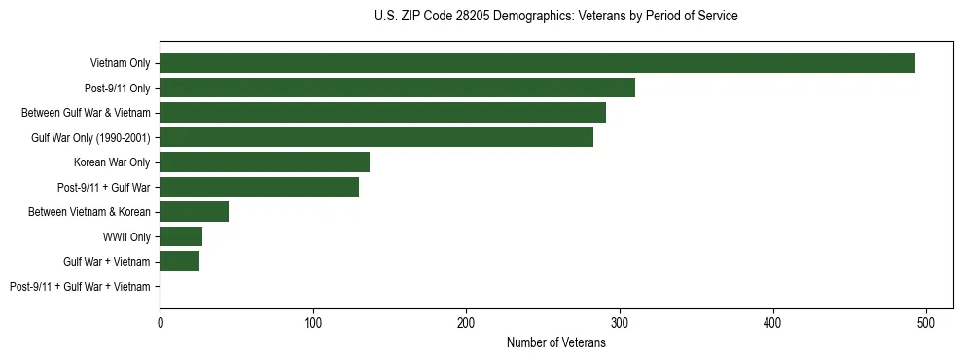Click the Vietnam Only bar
click(x=537, y=63)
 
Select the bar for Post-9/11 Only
click(x=397, y=88)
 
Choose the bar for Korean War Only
click(x=265, y=162)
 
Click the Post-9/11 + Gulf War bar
click(x=259, y=187)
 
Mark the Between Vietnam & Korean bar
click(x=194, y=212)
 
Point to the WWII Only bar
click(x=181, y=236)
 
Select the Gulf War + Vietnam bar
click(x=179, y=262)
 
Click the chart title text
click(x=555, y=17)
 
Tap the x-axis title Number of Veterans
click(x=555, y=343)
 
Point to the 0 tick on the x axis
click(x=160, y=323)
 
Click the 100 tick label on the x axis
click(x=313, y=323)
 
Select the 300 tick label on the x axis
click(x=620, y=323)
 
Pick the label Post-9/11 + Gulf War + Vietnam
click(x=80, y=287)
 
